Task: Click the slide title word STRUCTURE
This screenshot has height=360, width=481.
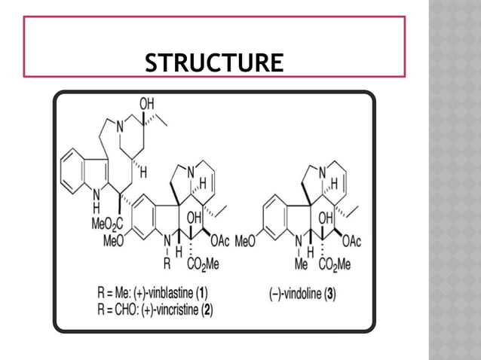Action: coord(214,63)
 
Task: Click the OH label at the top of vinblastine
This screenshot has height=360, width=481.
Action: coord(146,104)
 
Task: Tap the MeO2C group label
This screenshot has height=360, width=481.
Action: coord(107,224)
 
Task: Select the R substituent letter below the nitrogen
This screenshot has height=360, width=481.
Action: coord(167,264)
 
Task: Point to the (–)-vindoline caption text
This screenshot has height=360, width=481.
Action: coord(296,294)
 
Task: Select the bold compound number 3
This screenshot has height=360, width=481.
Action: coord(330,294)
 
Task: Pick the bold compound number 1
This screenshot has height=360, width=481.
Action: coord(201,293)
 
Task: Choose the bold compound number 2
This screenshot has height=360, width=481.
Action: coord(207,310)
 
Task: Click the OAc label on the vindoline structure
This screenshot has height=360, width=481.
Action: coord(351,242)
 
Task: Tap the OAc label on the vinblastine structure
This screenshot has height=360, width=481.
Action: coord(220,241)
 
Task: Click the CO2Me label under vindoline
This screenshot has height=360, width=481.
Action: coord(335,264)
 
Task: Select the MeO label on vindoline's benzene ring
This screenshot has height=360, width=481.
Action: coord(245,242)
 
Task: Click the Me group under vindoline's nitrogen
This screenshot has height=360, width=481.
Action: coord(301,264)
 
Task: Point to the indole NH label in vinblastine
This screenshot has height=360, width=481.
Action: coord(97,201)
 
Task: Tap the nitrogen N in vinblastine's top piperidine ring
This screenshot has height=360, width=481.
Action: coord(120,127)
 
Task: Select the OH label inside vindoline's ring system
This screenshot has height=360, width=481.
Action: coord(326,218)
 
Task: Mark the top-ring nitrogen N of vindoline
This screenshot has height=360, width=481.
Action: coord(322,173)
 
